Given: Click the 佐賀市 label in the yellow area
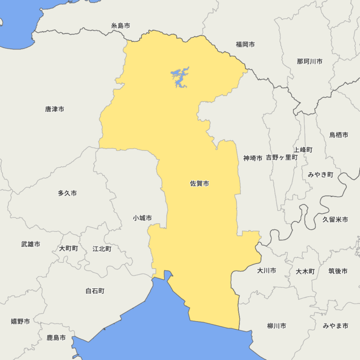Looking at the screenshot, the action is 199,184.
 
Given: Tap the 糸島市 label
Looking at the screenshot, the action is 120,26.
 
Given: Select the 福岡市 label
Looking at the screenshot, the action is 245,45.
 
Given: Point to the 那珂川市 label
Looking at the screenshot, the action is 309,61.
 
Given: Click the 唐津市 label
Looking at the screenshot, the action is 55,109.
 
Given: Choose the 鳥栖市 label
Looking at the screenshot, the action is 338,135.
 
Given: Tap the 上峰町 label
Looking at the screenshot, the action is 303,150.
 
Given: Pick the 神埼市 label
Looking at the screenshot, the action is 253,158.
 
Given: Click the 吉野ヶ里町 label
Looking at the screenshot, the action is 282,157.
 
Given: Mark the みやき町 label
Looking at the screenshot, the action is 321,174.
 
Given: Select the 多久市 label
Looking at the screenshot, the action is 67,193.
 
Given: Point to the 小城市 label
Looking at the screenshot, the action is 142,218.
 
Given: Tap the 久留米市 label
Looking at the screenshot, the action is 335,219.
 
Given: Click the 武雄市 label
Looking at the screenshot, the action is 30,244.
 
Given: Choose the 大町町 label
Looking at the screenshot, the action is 68,248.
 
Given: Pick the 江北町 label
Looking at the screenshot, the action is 102,248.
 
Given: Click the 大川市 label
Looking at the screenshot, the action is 267,270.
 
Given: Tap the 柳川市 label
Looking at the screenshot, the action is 277,326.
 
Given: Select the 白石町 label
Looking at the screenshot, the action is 95,291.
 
